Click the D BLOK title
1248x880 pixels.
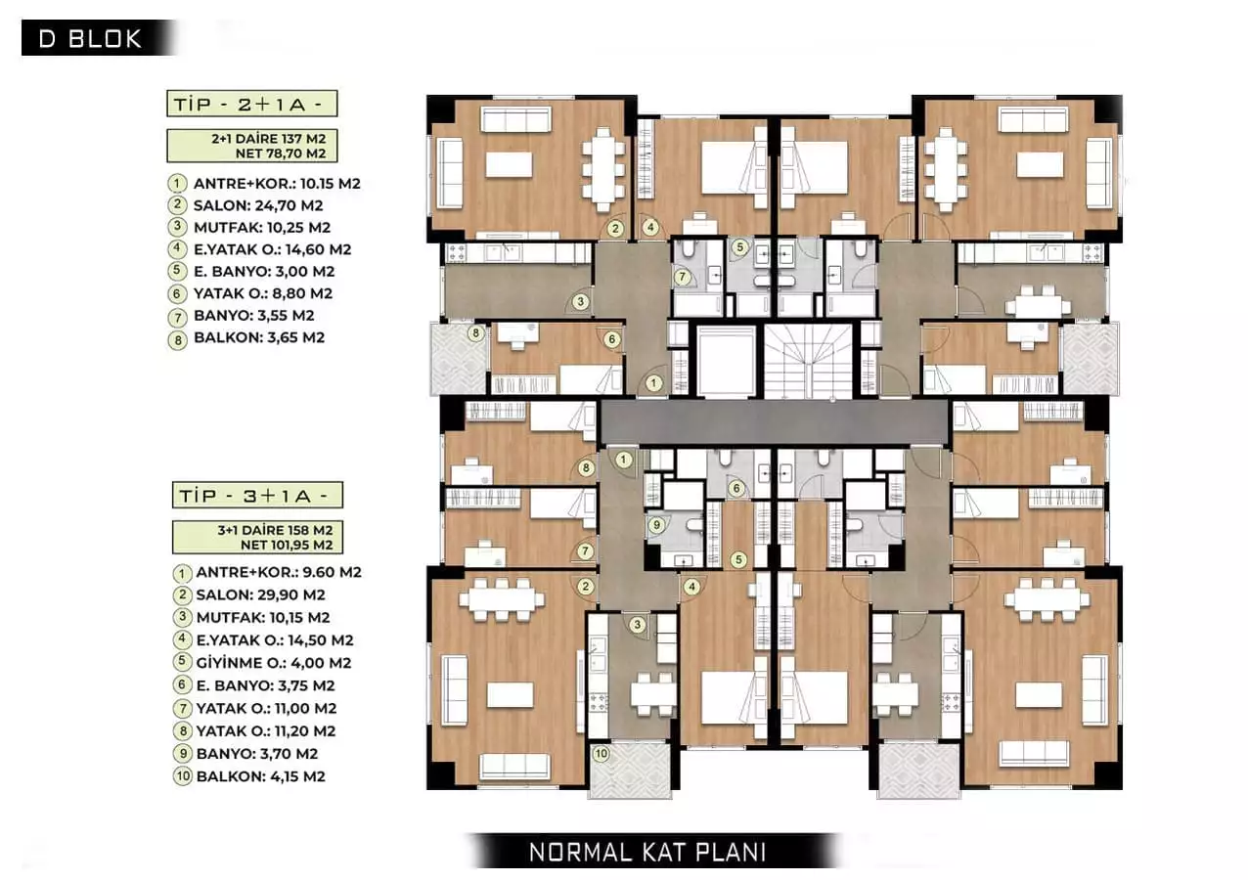(x=90, y=39)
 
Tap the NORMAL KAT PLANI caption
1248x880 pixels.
(x=646, y=851)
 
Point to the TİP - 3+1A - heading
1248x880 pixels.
(x=259, y=496)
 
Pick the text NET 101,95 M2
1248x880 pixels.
(x=279, y=545)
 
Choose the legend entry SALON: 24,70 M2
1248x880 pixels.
(x=258, y=205)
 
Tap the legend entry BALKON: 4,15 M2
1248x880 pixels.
(x=260, y=776)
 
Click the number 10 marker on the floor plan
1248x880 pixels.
(x=601, y=753)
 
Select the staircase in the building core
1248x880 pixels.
(x=802, y=361)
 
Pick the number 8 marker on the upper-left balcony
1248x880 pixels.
(x=476, y=333)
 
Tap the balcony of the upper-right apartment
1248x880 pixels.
(x=1090, y=359)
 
